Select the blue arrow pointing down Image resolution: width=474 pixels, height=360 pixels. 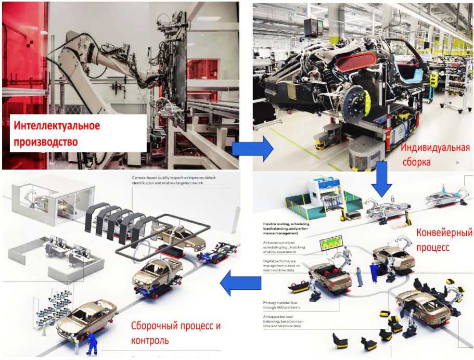[x=382, y=178]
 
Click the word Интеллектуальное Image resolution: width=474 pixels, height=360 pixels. [x=57, y=126]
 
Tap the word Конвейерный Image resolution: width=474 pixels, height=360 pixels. [x=444, y=232]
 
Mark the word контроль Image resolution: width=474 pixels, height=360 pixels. [x=150, y=341]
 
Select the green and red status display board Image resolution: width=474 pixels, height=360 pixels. [x=331, y=243]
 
